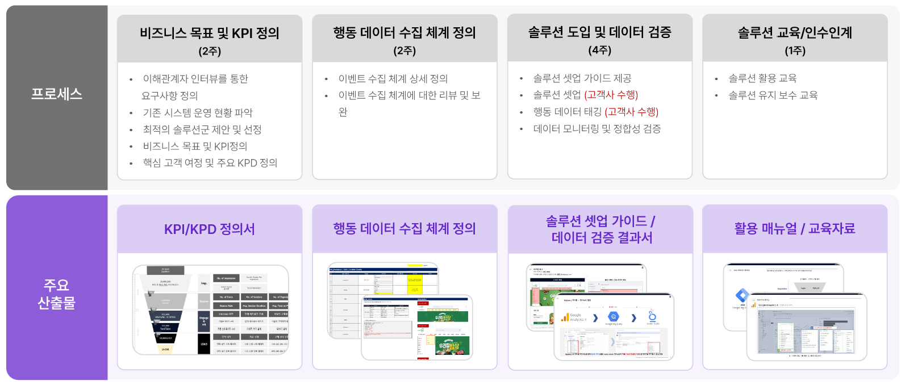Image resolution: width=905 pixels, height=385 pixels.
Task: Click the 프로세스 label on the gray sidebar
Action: (57, 94)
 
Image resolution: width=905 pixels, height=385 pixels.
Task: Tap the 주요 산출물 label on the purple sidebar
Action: (57, 294)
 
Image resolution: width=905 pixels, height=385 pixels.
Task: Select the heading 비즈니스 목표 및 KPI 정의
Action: (210, 33)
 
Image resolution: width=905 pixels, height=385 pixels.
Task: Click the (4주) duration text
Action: (599, 50)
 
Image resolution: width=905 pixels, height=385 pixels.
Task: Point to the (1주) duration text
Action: (795, 51)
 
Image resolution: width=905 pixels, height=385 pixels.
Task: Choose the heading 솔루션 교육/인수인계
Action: (795, 33)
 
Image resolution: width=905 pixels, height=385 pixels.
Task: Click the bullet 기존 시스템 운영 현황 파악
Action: (197, 112)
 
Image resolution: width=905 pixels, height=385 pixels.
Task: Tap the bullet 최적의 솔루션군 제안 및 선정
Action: (202, 129)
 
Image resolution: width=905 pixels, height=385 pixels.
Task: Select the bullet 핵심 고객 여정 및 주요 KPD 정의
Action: (210, 163)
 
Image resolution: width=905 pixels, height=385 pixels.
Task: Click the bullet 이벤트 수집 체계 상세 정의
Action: (393, 78)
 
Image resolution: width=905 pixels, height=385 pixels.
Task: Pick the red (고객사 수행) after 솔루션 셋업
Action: (611, 95)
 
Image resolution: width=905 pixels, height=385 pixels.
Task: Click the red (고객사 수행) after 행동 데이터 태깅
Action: (631, 112)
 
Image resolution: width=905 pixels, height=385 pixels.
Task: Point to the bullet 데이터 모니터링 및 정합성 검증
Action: (597, 129)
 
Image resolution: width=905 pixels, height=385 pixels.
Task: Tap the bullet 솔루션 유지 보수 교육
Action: (773, 95)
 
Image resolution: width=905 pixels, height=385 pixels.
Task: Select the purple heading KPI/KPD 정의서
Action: (210, 229)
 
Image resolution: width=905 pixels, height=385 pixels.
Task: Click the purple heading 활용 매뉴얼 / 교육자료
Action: (794, 228)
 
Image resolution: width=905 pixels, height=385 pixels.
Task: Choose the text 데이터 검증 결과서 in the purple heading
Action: (602, 237)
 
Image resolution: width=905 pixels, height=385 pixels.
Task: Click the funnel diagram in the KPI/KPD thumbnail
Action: (165, 310)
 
